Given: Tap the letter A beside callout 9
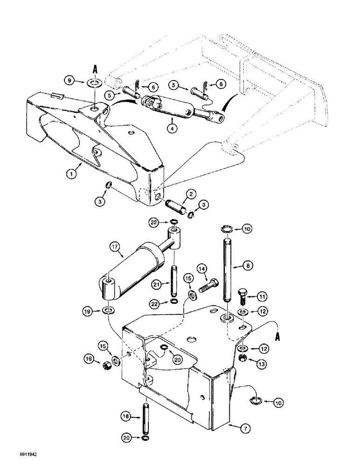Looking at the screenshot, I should (96, 69).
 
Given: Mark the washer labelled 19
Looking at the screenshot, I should (108, 310).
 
